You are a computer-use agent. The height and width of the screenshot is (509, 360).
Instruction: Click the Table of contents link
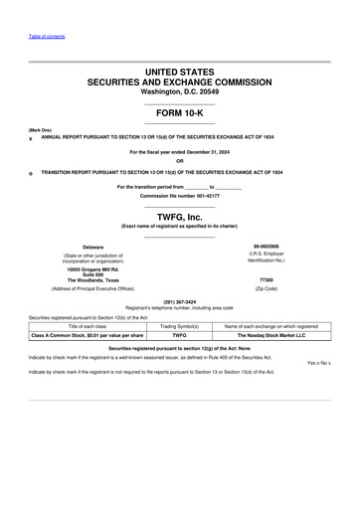pos(46,36)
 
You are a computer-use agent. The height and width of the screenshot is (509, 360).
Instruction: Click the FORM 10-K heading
pos(180,114)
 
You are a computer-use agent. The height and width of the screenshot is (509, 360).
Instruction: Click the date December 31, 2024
pos(204,152)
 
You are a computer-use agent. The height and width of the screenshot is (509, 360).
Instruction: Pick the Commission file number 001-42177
pos(180,196)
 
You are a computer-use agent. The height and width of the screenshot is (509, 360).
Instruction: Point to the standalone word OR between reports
pos(180,161)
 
